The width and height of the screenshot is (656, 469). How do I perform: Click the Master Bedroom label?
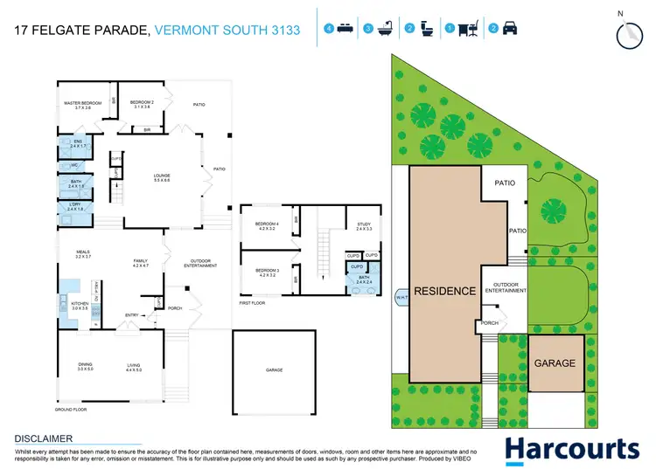click(84, 104)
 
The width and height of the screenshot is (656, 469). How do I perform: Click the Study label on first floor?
click(364, 225)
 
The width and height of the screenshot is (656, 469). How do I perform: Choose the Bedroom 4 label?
click(266, 225)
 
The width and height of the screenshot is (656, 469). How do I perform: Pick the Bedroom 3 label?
click(266, 272)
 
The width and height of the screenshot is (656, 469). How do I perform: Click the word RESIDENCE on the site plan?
click(444, 291)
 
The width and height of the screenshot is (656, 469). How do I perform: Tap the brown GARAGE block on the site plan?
click(555, 362)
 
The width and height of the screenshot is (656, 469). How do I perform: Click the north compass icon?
click(627, 33)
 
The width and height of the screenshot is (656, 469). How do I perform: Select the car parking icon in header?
click(510, 30)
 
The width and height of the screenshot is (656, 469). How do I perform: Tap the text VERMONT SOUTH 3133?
click(227, 31)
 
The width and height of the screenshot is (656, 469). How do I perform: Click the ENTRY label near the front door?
click(132, 315)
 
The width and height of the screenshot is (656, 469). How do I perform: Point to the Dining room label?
click(84, 367)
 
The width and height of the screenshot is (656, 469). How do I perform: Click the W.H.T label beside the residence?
click(400, 294)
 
